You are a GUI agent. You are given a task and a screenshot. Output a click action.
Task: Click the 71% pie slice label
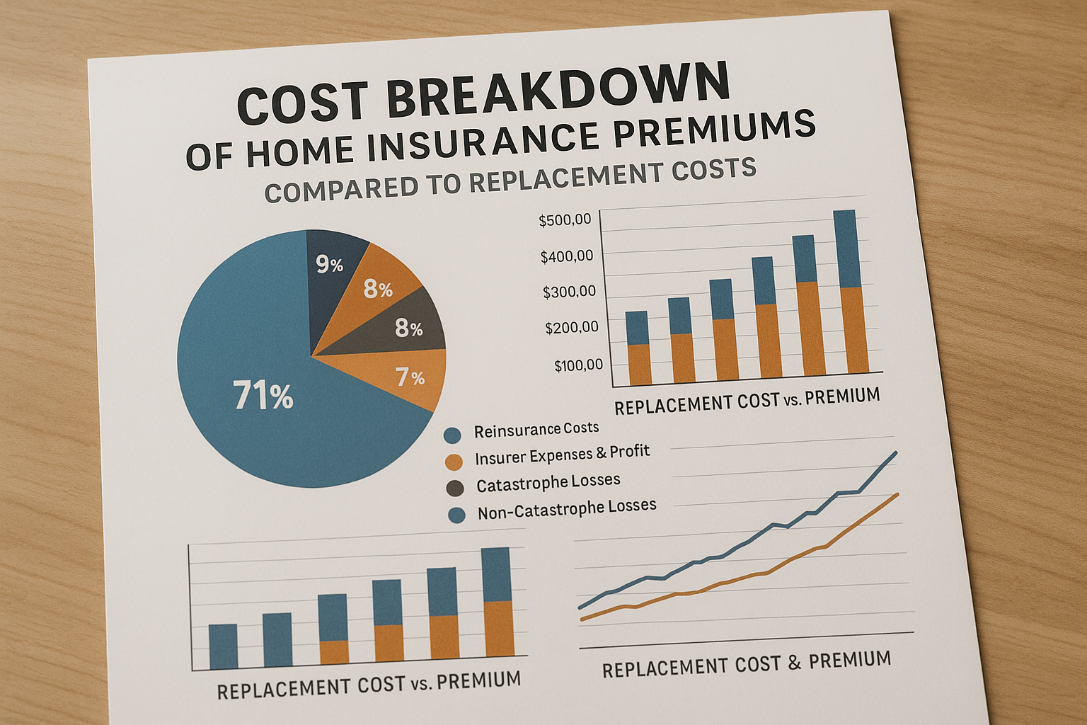click(263, 395)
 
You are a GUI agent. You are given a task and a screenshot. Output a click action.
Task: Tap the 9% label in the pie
click(330, 265)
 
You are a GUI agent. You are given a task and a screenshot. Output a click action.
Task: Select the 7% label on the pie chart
click(410, 377)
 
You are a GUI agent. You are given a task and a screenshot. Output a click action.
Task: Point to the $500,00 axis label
click(565, 220)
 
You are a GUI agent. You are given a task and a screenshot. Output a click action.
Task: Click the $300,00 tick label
click(570, 292)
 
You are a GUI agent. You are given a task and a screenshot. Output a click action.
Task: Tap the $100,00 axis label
click(579, 365)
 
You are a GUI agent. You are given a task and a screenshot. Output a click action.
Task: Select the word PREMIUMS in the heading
click(714, 130)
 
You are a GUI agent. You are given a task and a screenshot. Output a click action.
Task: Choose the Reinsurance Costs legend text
click(536, 429)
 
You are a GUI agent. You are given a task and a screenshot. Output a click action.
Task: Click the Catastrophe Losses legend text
click(548, 483)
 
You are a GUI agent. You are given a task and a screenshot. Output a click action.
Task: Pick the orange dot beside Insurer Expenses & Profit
click(454, 462)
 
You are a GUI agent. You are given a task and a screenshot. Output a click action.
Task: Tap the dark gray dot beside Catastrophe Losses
click(455, 488)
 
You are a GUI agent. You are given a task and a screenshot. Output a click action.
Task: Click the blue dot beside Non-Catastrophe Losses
click(456, 515)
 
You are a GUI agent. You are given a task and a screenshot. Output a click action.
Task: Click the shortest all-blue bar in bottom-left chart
click(223, 647)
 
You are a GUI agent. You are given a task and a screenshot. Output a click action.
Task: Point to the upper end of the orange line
click(898, 494)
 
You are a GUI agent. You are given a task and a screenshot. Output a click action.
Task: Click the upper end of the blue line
click(896, 452)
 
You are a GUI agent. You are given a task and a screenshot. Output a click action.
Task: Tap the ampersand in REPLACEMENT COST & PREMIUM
click(793, 663)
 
